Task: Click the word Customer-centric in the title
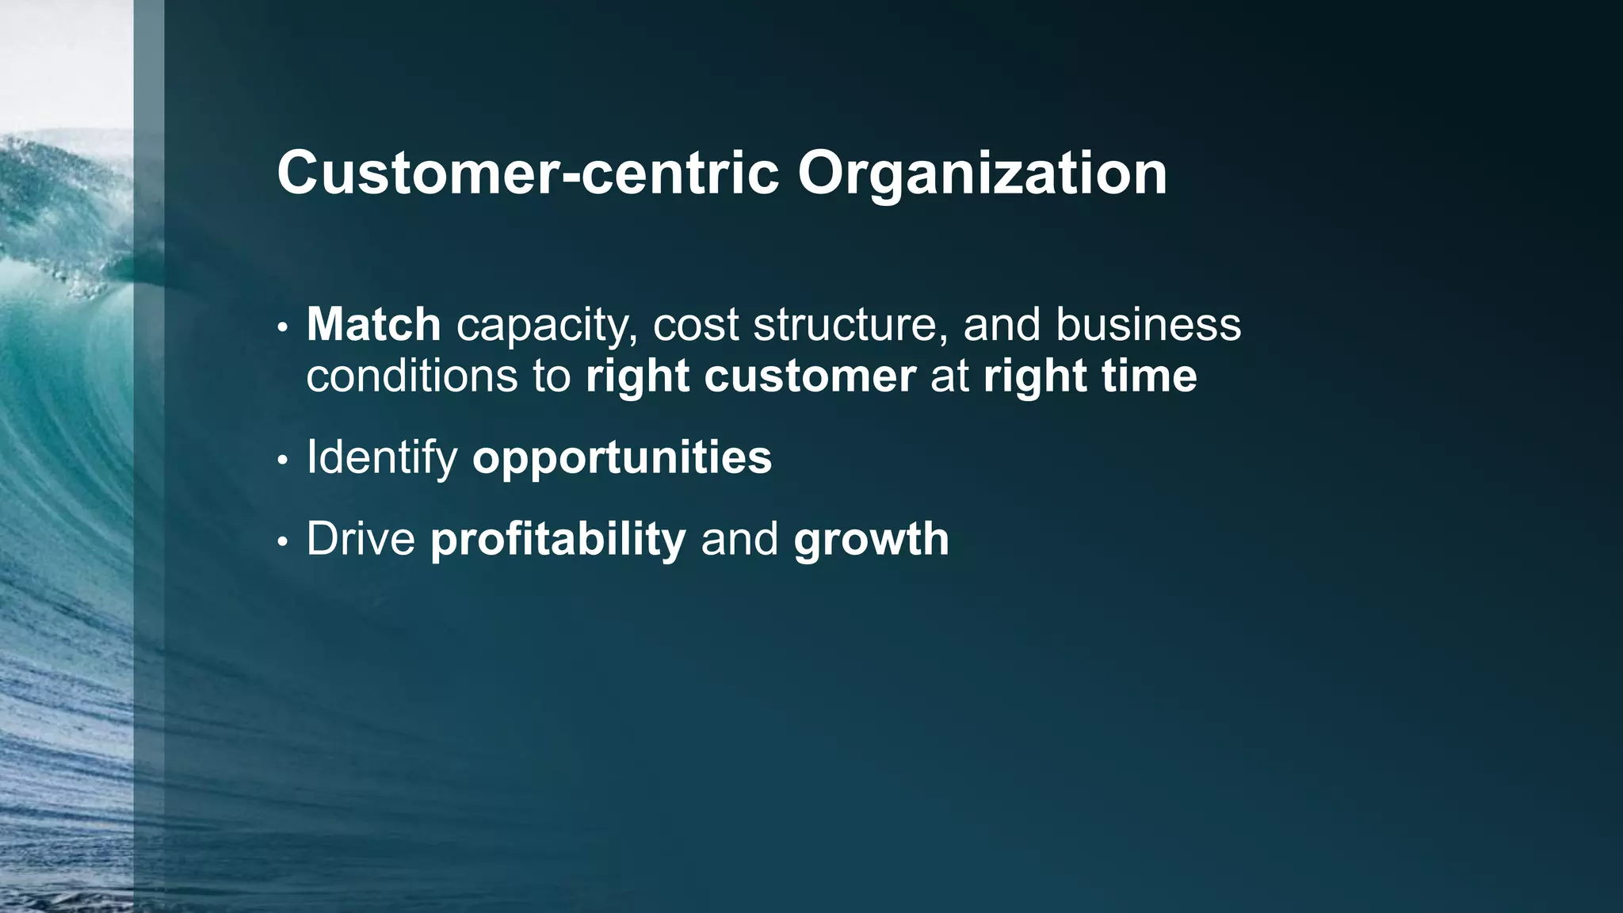(x=528, y=173)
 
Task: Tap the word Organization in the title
(x=982, y=174)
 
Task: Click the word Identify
(x=382, y=457)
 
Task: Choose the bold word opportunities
(x=622, y=458)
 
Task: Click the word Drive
(x=361, y=539)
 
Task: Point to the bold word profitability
(x=558, y=540)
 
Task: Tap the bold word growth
(x=871, y=541)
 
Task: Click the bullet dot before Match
(x=283, y=327)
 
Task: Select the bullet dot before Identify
(x=283, y=460)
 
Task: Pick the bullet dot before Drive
(x=283, y=542)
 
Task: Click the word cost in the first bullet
(x=695, y=325)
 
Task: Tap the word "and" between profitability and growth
(x=739, y=539)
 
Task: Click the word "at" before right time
(x=949, y=376)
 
